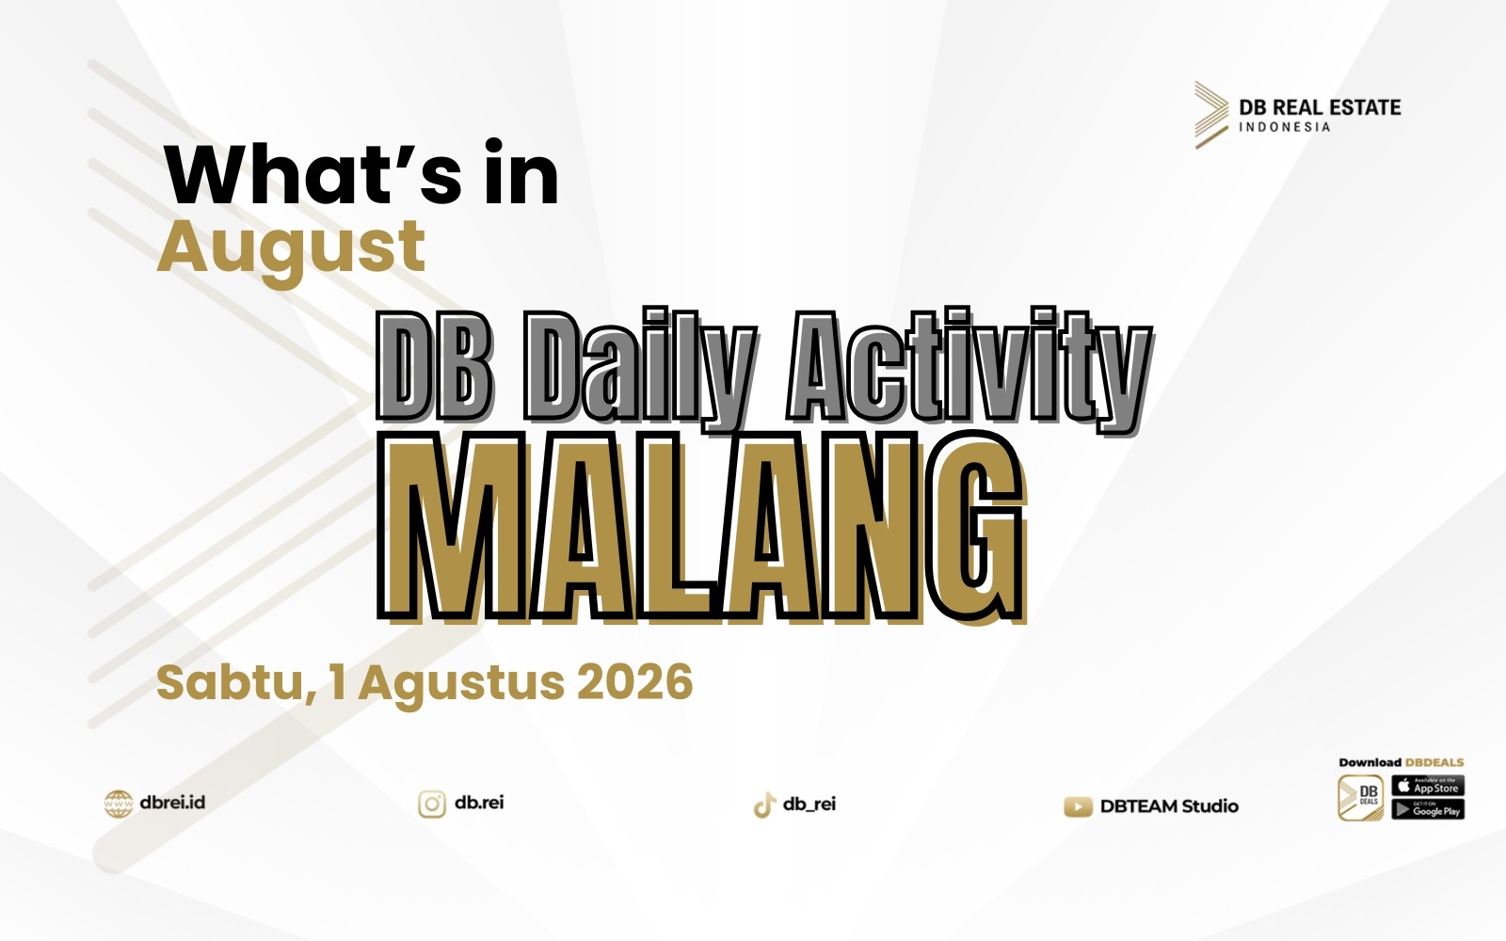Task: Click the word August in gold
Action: pyautogui.click(x=291, y=250)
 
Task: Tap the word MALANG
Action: pyautogui.click(x=702, y=528)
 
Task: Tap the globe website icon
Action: pyautogui.click(x=119, y=804)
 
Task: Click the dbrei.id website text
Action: pyautogui.click(x=172, y=803)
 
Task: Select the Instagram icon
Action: pyautogui.click(x=432, y=804)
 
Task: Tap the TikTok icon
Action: pyautogui.click(x=764, y=805)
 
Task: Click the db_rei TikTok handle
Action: pyautogui.click(x=809, y=805)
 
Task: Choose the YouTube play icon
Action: pyautogui.click(x=1078, y=806)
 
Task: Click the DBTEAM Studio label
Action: pyautogui.click(x=1169, y=805)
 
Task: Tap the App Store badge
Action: pyautogui.click(x=1428, y=786)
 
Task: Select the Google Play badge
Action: pyautogui.click(x=1428, y=809)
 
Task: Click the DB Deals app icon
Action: pyautogui.click(x=1361, y=798)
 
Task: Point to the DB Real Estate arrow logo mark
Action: pyautogui.click(x=1211, y=115)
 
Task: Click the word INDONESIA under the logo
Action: pyautogui.click(x=1285, y=127)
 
